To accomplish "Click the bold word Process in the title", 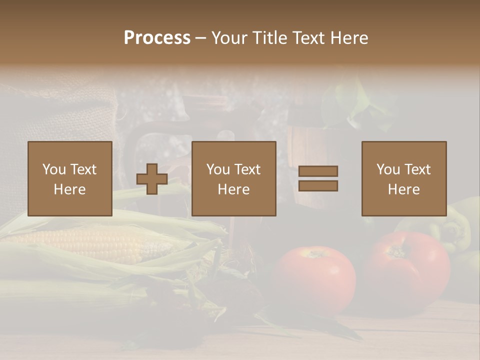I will coord(157,38).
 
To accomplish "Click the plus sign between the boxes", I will coord(152,179).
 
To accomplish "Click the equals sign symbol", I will coord(318,178).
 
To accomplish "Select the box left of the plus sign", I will coord(70,178).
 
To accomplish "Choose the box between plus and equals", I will coord(234,178).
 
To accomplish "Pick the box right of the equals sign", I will coord(404,178).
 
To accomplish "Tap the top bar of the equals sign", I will coord(318,171).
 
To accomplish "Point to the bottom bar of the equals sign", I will coord(318,186).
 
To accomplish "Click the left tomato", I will coord(315,280).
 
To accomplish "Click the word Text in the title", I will coord(306,38).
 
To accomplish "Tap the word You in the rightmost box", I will coord(388,169).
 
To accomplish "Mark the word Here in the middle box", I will coord(234,189).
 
